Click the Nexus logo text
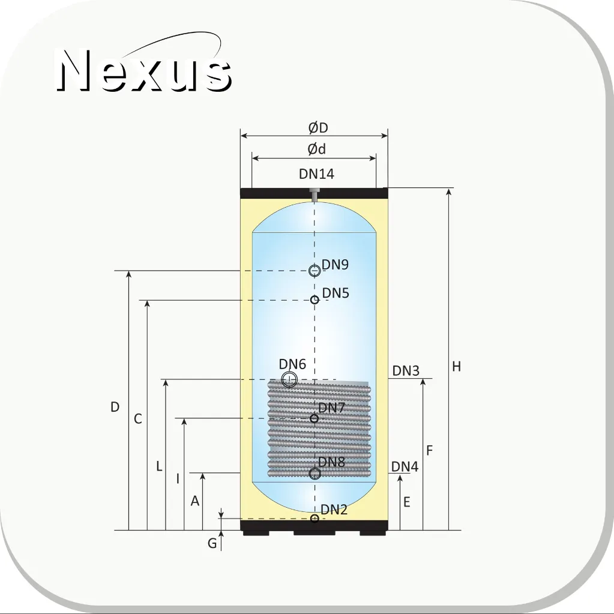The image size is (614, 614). pos(144,70)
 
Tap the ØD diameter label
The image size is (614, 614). pos(318,128)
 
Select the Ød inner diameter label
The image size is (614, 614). pos(316,149)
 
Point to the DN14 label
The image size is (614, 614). pos(316,174)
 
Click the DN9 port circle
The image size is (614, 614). pos(315,271)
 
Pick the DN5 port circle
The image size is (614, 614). pos(315,300)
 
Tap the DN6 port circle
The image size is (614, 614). pos(289,379)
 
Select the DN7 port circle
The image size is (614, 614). pos(314,418)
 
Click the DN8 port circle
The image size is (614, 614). pos(315,474)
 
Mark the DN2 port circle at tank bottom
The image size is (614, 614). pos(315,519)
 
